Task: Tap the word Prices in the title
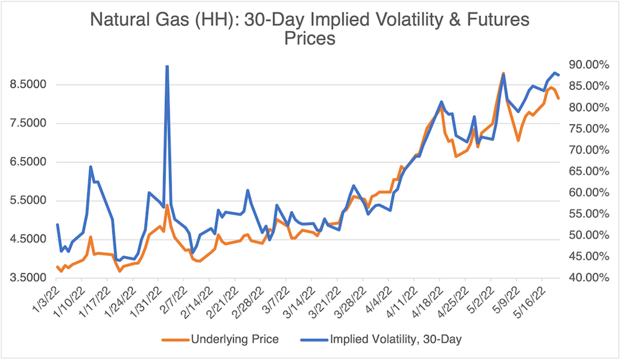(x=310, y=39)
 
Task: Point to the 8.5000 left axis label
(x=28, y=85)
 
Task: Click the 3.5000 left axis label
(x=28, y=278)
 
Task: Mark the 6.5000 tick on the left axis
(x=28, y=162)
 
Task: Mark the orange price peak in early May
(x=503, y=74)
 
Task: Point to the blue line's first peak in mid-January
(x=91, y=167)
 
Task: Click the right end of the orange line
(x=558, y=99)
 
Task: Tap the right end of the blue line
(x=558, y=75)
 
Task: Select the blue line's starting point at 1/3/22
(x=57, y=224)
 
